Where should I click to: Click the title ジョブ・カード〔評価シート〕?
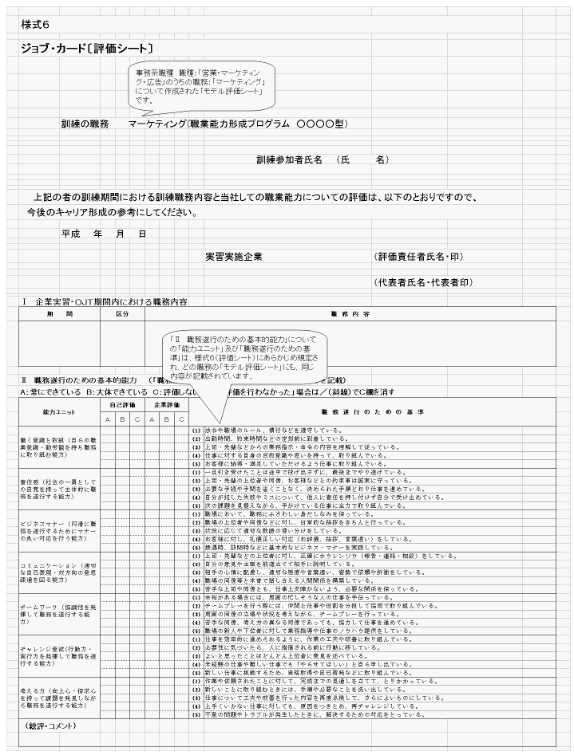pyautogui.click(x=87, y=49)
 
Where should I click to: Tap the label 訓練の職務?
pyautogui.click(x=87, y=124)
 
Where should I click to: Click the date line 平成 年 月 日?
pyautogui.click(x=104, y=234)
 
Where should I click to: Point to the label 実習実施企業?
pyautogui.click(x=234, y=257)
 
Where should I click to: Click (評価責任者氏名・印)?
pyautogui.click(x=418, y=257)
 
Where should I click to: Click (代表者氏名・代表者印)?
pyautogui.click(x=422, y=283)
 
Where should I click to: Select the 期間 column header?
pyautogui.click(x=59, y=314)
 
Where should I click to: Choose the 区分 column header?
pyautogui.click(x=122, y=314)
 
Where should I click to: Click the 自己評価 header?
pyautogui.click(x=122, y=405)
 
